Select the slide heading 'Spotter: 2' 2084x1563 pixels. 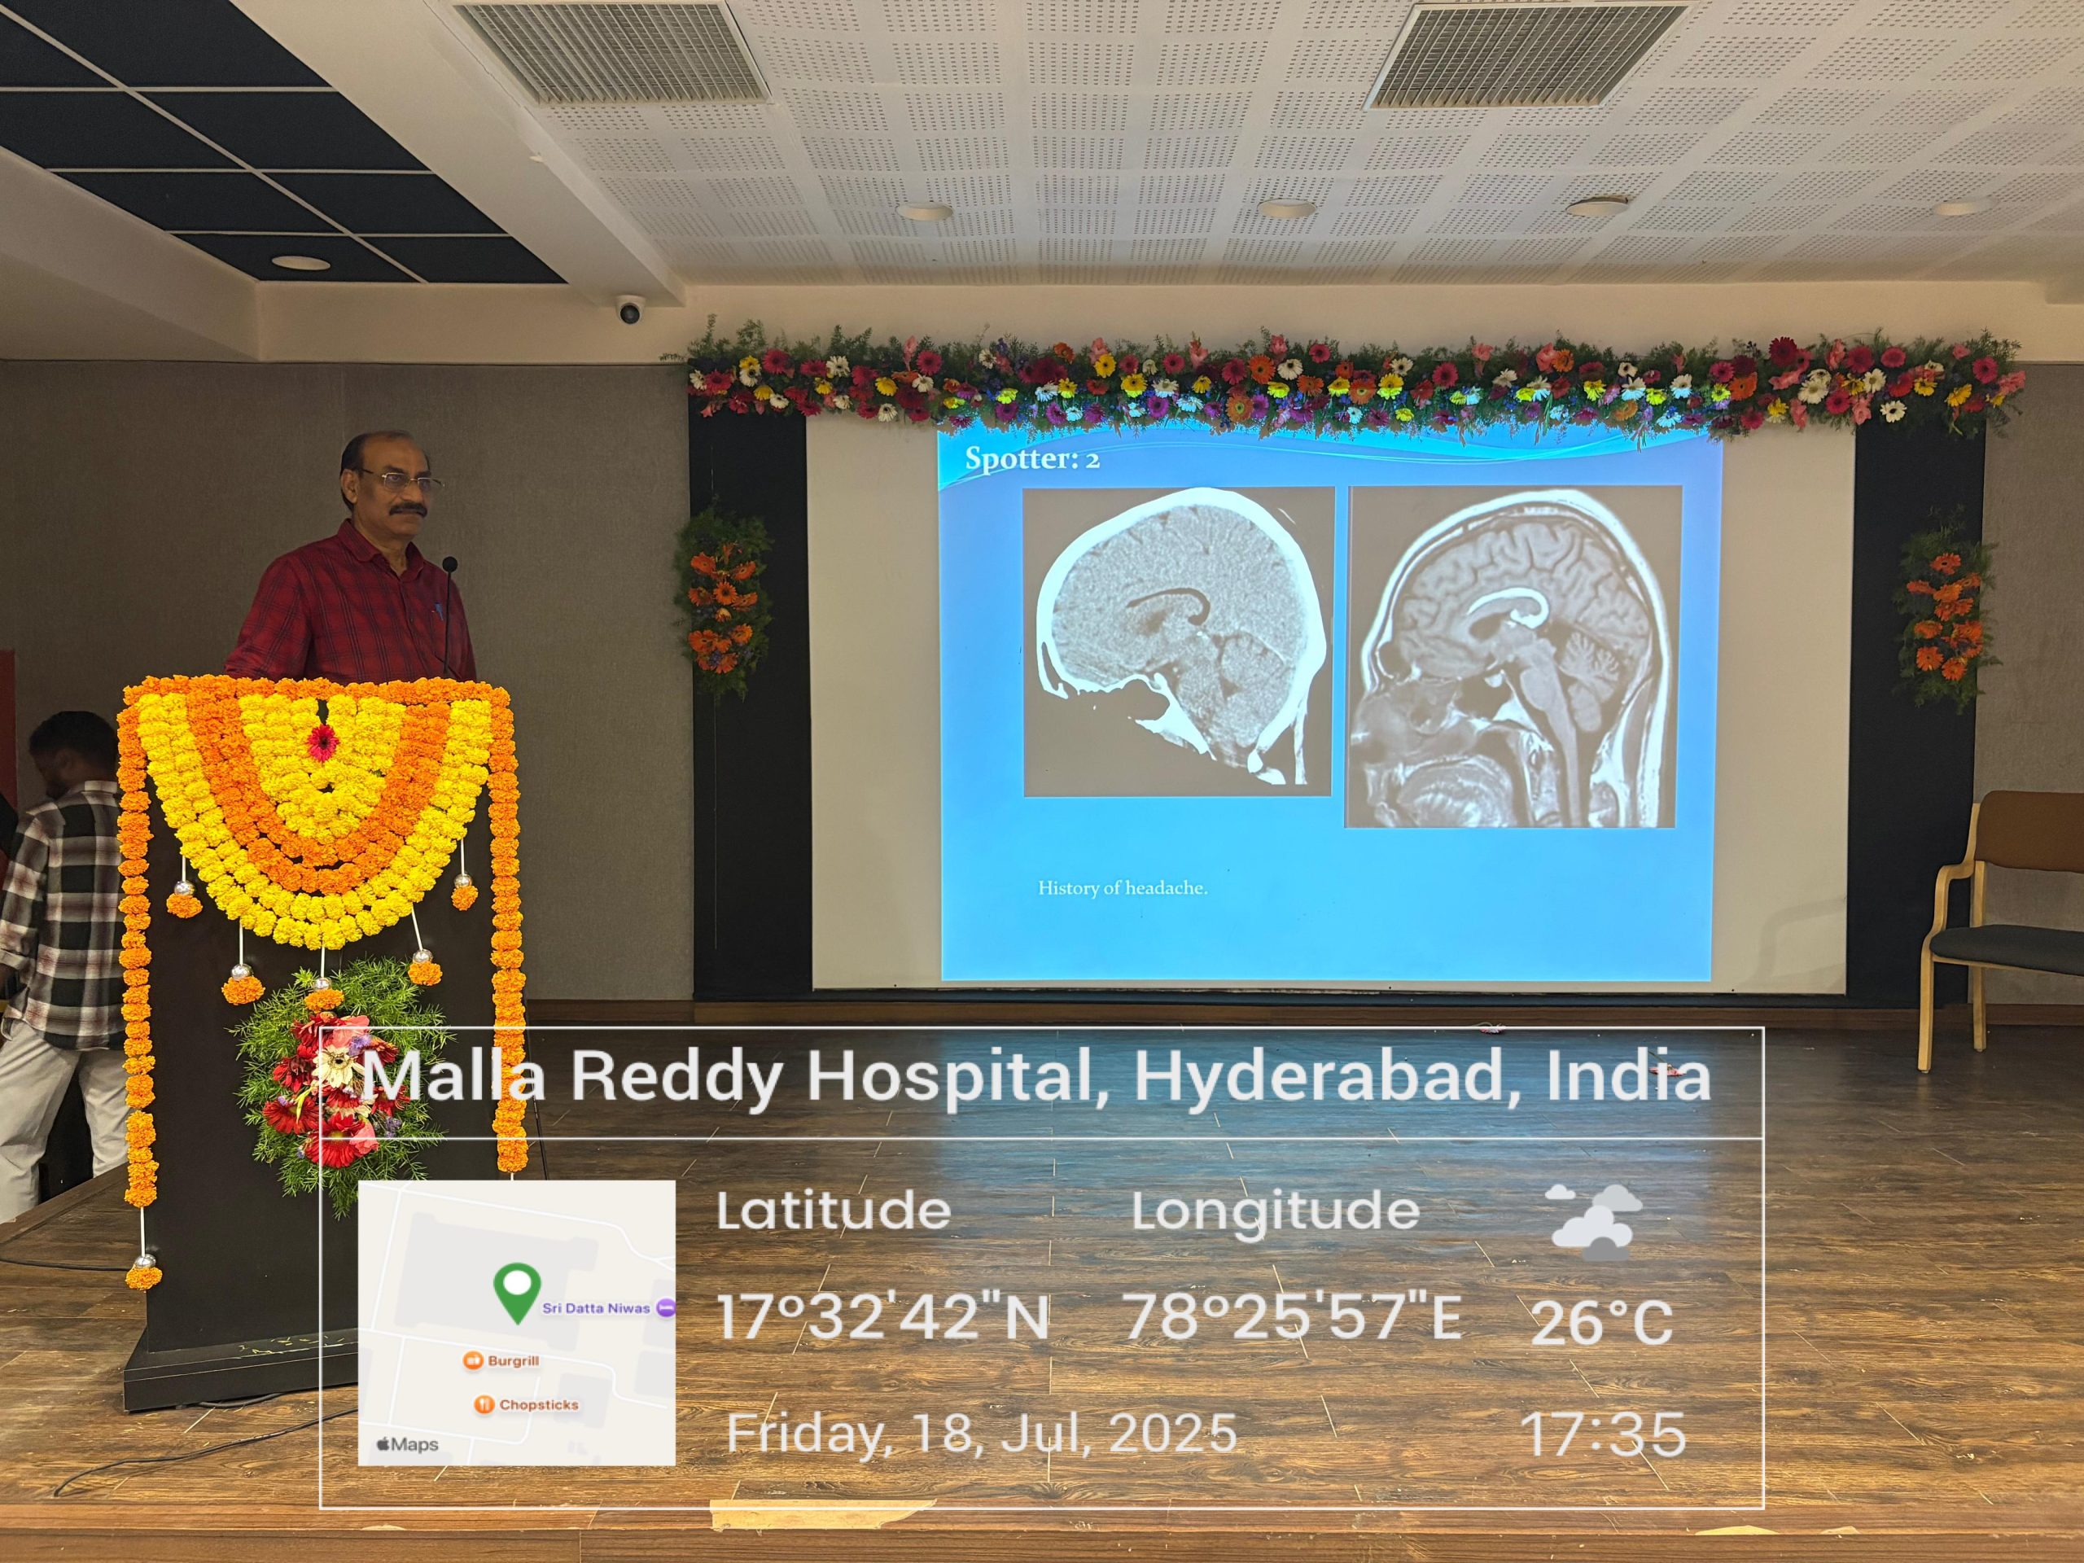pyautogui.click(x=1032, y=460)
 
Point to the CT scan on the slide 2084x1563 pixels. pyautogui.click(x=1178, y=641)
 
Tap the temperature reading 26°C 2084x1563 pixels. pyautogui.click(x=1600, y=1322)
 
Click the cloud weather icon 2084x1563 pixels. pyautogui.click(x=1594, y=1222)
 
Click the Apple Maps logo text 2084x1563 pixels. pyautogui.click(x=407, y=1444)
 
